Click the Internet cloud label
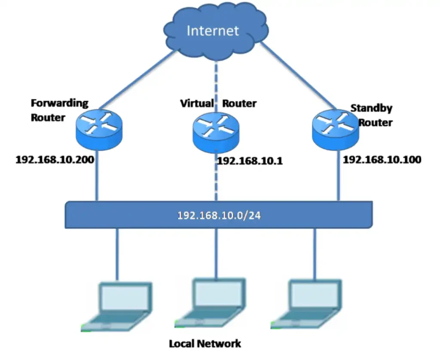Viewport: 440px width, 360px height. click(x=213, y=31)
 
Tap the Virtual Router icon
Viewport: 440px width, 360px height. click(x=215, y=128)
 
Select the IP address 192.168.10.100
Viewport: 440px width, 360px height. click(x=382, y=160)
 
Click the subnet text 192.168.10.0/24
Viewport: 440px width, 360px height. click(x=219, y=215)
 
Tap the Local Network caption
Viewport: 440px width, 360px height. click(x=205, y=344)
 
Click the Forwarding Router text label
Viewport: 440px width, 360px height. click(x=59, y=110)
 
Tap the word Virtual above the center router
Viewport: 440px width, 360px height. click(x=197, y=103)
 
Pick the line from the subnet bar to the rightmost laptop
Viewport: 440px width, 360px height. click(x=315, y=254)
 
